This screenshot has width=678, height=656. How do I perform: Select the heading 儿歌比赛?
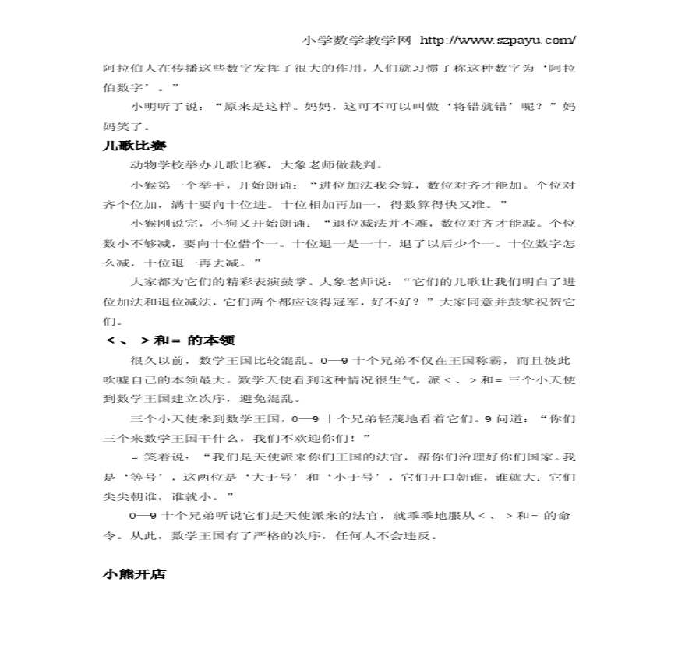click(131, 145)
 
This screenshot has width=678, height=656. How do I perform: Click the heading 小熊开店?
click(134, 574)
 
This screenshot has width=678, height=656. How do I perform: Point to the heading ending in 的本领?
click(170, 340)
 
